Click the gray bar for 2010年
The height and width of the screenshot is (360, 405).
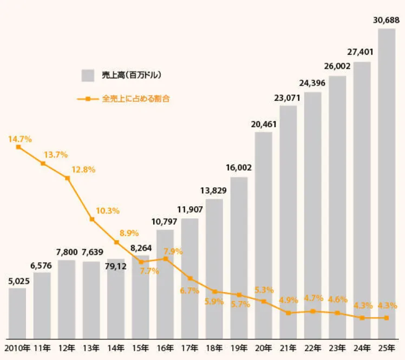pos(17,313)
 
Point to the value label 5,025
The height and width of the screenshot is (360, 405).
pos(18,282)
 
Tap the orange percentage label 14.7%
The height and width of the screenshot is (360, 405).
pos(20,139)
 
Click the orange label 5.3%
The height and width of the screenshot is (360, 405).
pos(264,290)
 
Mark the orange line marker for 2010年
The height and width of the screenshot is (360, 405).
pos(18,147)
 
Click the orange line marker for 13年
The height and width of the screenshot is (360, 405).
pos(92,219)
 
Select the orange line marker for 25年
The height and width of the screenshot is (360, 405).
pos(387,318)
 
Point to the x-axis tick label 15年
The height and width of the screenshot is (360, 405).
pos(140,348)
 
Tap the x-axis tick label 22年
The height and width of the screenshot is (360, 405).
pos(313,348)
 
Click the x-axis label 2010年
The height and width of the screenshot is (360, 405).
pos(17,348)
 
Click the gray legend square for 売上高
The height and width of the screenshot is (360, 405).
pos(88,75)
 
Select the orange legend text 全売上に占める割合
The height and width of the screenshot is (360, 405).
pos(132,99)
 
